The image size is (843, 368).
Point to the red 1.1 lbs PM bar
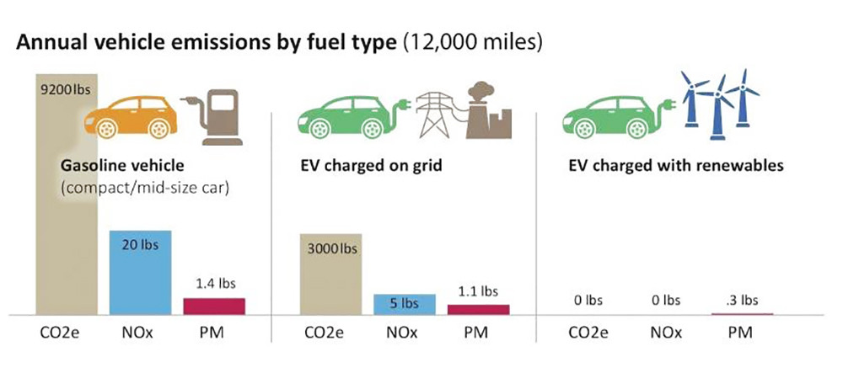[478, 309]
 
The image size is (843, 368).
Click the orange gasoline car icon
[130, 115]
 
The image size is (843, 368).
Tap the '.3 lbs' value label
[742, 300]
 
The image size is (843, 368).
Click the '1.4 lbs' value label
[214, 284]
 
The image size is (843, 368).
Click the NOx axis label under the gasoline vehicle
[140, 331]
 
